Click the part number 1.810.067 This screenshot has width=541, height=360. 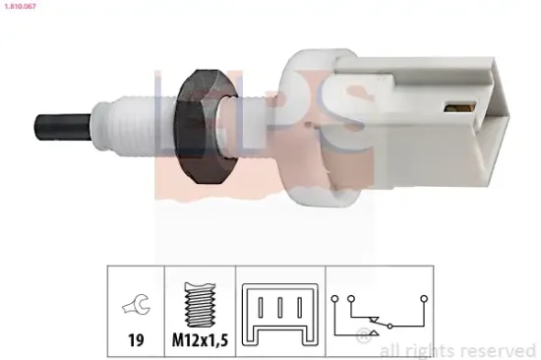(x=22, y=7)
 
